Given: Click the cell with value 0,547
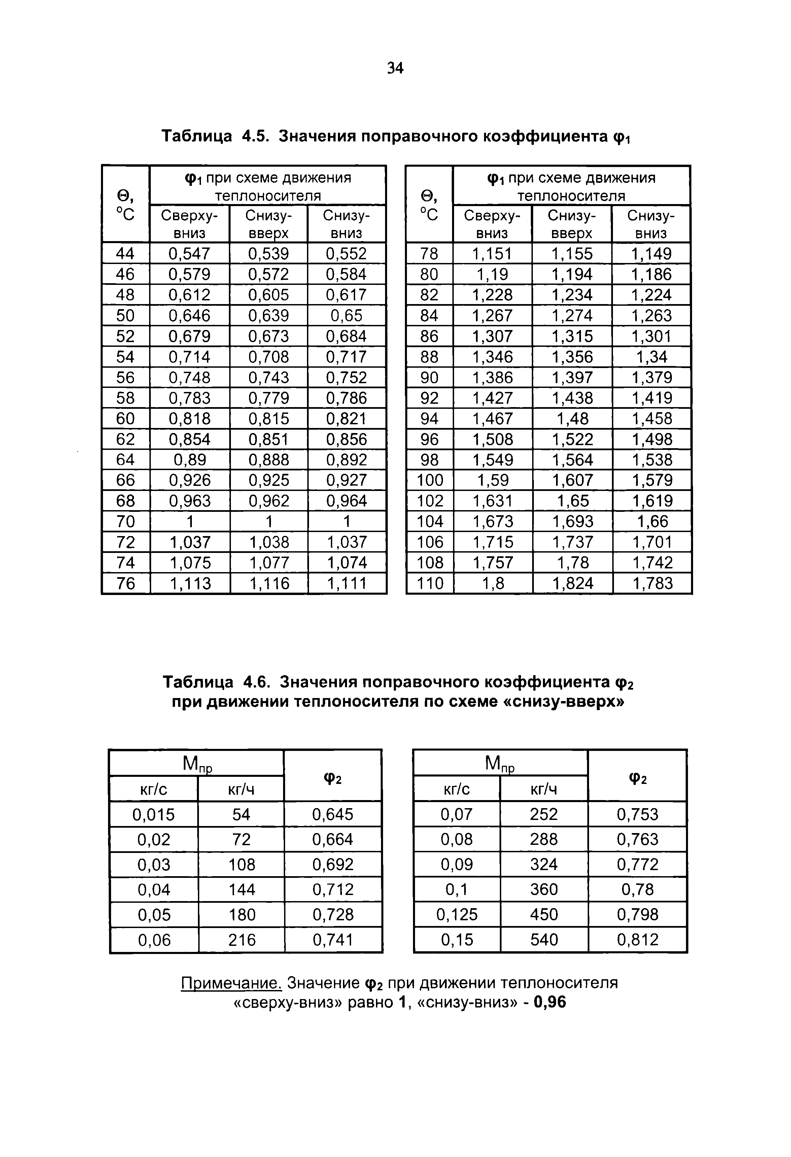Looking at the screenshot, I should (x=189, y=254).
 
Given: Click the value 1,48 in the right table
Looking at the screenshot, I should (x=573, y=419).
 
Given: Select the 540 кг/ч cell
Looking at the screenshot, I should (x=544, y=939).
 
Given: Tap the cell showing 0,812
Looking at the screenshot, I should (x=637, y=939).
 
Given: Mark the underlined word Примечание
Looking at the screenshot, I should (x=232, y=983).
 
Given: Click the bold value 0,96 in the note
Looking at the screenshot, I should (x=550, y=1002).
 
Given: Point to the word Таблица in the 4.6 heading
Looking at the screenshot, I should (x=198, y=682).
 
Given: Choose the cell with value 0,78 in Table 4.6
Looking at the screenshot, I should (x=637, y=889).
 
